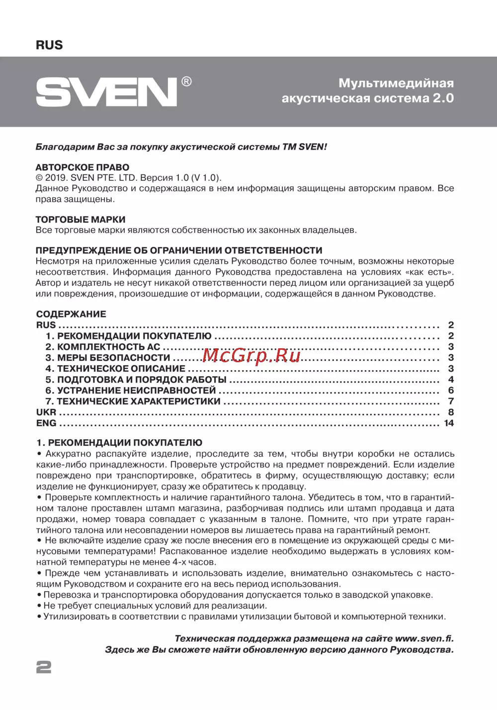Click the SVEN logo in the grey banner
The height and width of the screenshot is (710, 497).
click(x=106, y=92)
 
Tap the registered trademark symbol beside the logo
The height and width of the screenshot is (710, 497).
click(x=186, y=82)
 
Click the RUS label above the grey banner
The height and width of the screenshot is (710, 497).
click(x=49, y=45)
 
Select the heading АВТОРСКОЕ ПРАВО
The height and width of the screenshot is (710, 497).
click(x=83, y=167)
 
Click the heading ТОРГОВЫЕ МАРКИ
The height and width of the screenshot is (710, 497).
click(x=81, y=220)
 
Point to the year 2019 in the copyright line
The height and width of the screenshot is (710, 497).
click(x=56, y=178)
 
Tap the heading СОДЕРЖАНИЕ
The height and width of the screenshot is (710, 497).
click(x=71, y=314)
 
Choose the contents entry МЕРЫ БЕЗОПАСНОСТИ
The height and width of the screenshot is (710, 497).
click(x=108, y=358)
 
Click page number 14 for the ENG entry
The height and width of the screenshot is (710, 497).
click(x=449, y=423)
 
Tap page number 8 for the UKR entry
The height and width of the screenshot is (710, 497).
click(x=451, y=412)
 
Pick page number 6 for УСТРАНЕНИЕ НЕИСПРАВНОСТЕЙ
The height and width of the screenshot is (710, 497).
click(x=451, y=391)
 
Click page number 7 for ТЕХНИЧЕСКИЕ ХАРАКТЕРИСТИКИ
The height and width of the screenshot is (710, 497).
click(x=451, y=401)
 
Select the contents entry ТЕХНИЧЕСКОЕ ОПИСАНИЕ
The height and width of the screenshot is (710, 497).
click(x=115, y=369)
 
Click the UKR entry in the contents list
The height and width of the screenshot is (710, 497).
click(x=46, y=412)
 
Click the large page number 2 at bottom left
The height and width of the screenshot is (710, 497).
click(x=44, y=667)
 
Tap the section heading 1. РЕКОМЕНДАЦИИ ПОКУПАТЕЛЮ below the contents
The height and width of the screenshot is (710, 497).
click(x=119, y=443)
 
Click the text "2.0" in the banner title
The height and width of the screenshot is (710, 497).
click(x=443, y=98)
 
